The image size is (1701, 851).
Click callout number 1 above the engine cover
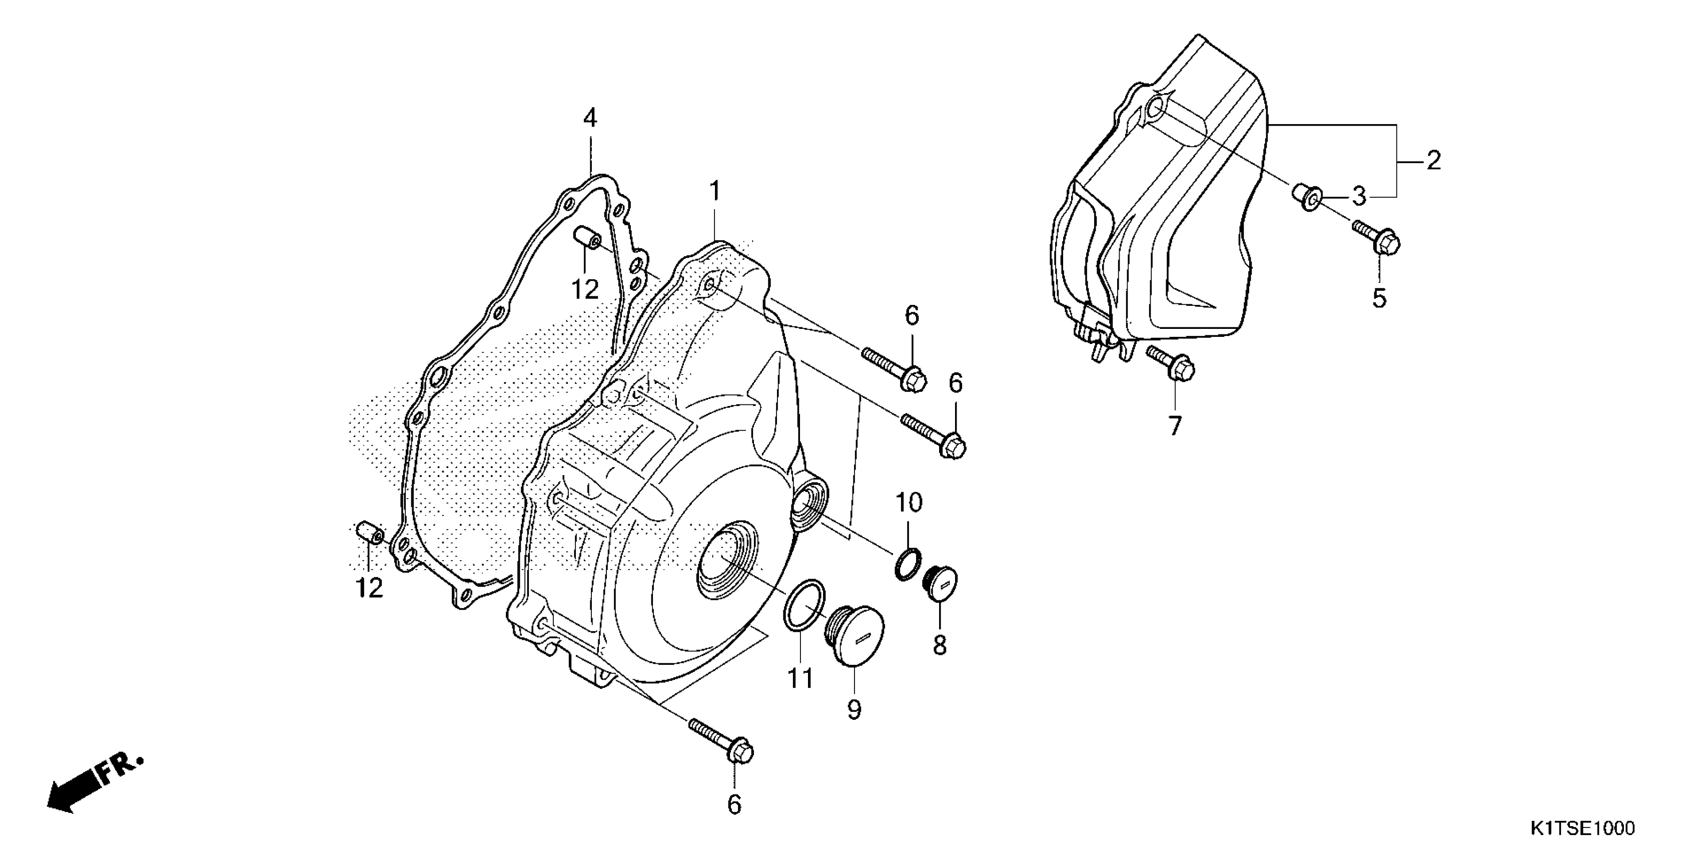(714, 192)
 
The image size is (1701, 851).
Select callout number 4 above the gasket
(590, 119)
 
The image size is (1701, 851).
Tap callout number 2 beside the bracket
(1433, 161)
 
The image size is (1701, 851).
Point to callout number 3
(1358, 196)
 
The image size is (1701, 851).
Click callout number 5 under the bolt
(1379, 298)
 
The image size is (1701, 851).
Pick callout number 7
(1174, 426)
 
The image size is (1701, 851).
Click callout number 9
(855, 710)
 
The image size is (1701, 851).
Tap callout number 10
(909, 503)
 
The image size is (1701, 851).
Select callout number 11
(800, 679)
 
